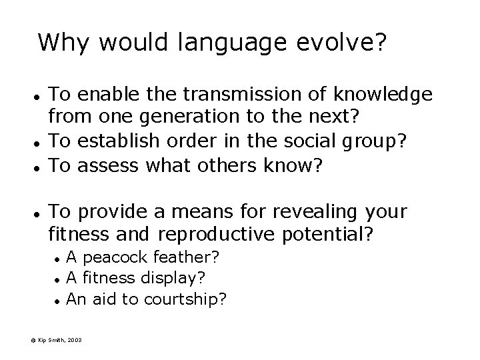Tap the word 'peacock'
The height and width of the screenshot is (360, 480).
[113, 257]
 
